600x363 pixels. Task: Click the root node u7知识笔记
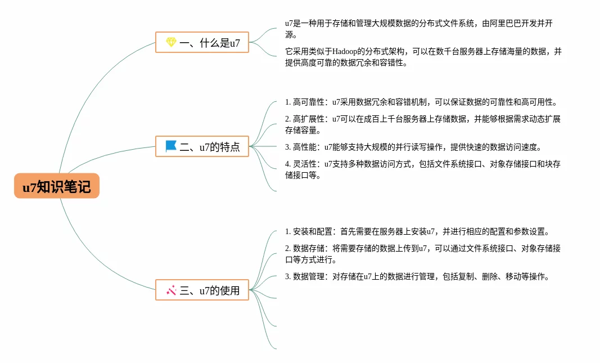(57, 186)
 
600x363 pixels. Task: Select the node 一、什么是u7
(202, 42)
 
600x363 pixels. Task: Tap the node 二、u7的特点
(202, 146)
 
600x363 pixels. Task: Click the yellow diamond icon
(171, 42)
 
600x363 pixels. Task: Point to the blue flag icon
(171, 146)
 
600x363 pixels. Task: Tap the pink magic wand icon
(171, 290)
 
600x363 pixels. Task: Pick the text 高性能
(304, 147)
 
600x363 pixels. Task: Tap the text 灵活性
(304, 164)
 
